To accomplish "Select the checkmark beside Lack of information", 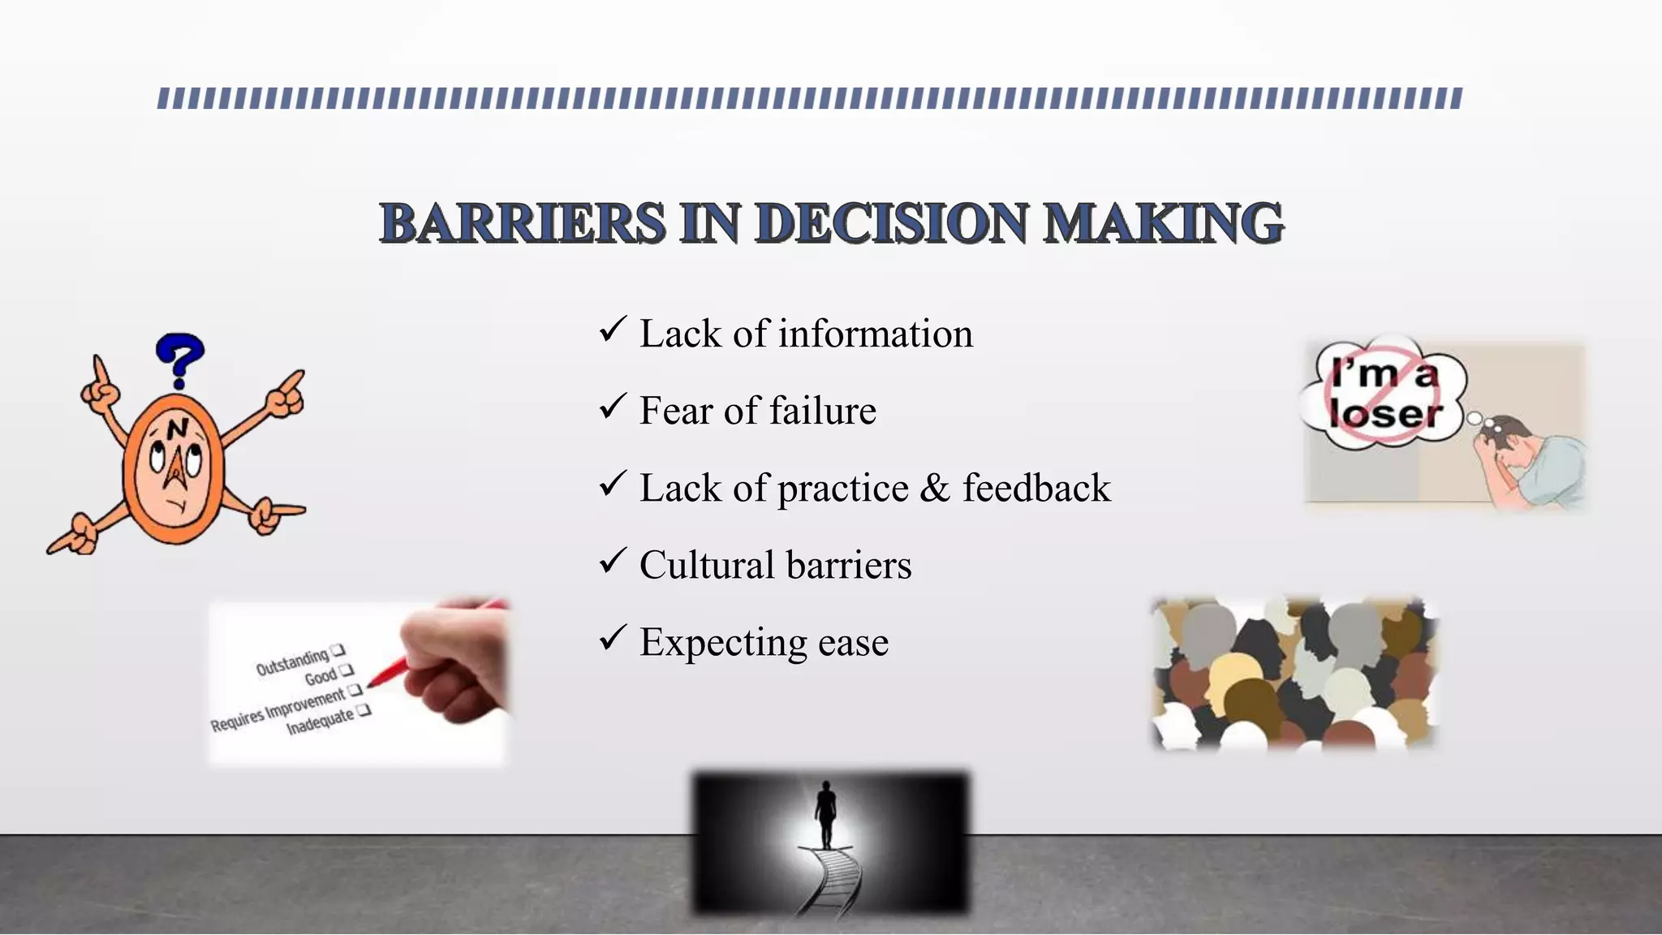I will (x=613, y=330).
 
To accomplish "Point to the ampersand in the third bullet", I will (x=935, y=488).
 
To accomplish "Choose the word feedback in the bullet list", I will (x=1036, y=488).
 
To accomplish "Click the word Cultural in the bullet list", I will (x=705, y=565).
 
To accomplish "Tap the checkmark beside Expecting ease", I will (x=613, y=638).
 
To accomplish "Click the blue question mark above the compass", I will (x=180, y=360).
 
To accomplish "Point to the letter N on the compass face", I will (x=178, y=428).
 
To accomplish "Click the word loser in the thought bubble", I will (x=1385, y=415).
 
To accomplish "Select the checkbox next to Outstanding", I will (x=338, y=649).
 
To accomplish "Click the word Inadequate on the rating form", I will (x=320, y=721).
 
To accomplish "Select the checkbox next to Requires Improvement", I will (x=355, y=691).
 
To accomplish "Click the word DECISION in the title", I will (x=892, y=223).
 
